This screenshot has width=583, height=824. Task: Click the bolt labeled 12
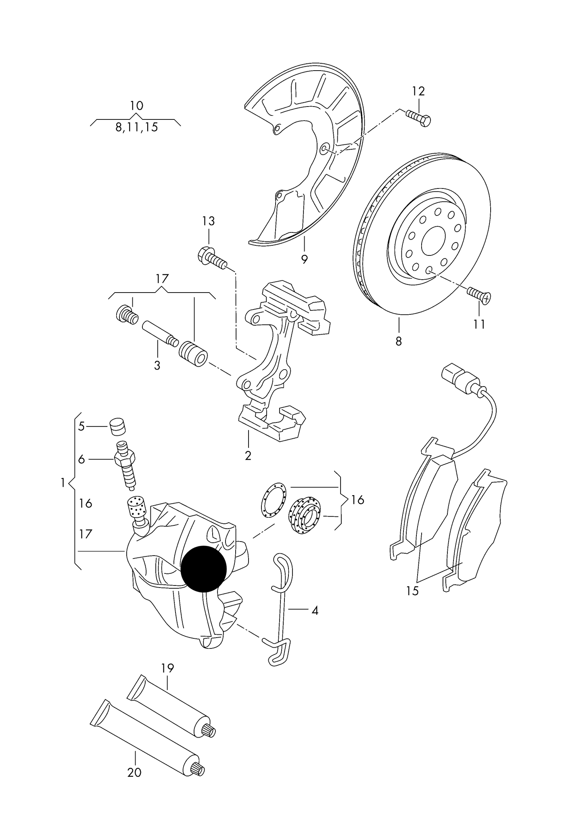(x=418, y=118)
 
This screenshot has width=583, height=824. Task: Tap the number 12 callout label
(x=418, y=92)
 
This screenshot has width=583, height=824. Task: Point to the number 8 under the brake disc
(x=399, y=341)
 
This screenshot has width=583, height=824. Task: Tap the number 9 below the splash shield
(x=304, y=259)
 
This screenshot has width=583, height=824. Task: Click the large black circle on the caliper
(x=204, y=569)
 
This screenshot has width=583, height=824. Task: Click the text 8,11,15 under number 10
(x=136, y=128)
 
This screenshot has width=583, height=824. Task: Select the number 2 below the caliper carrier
(x=248, y=456)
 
